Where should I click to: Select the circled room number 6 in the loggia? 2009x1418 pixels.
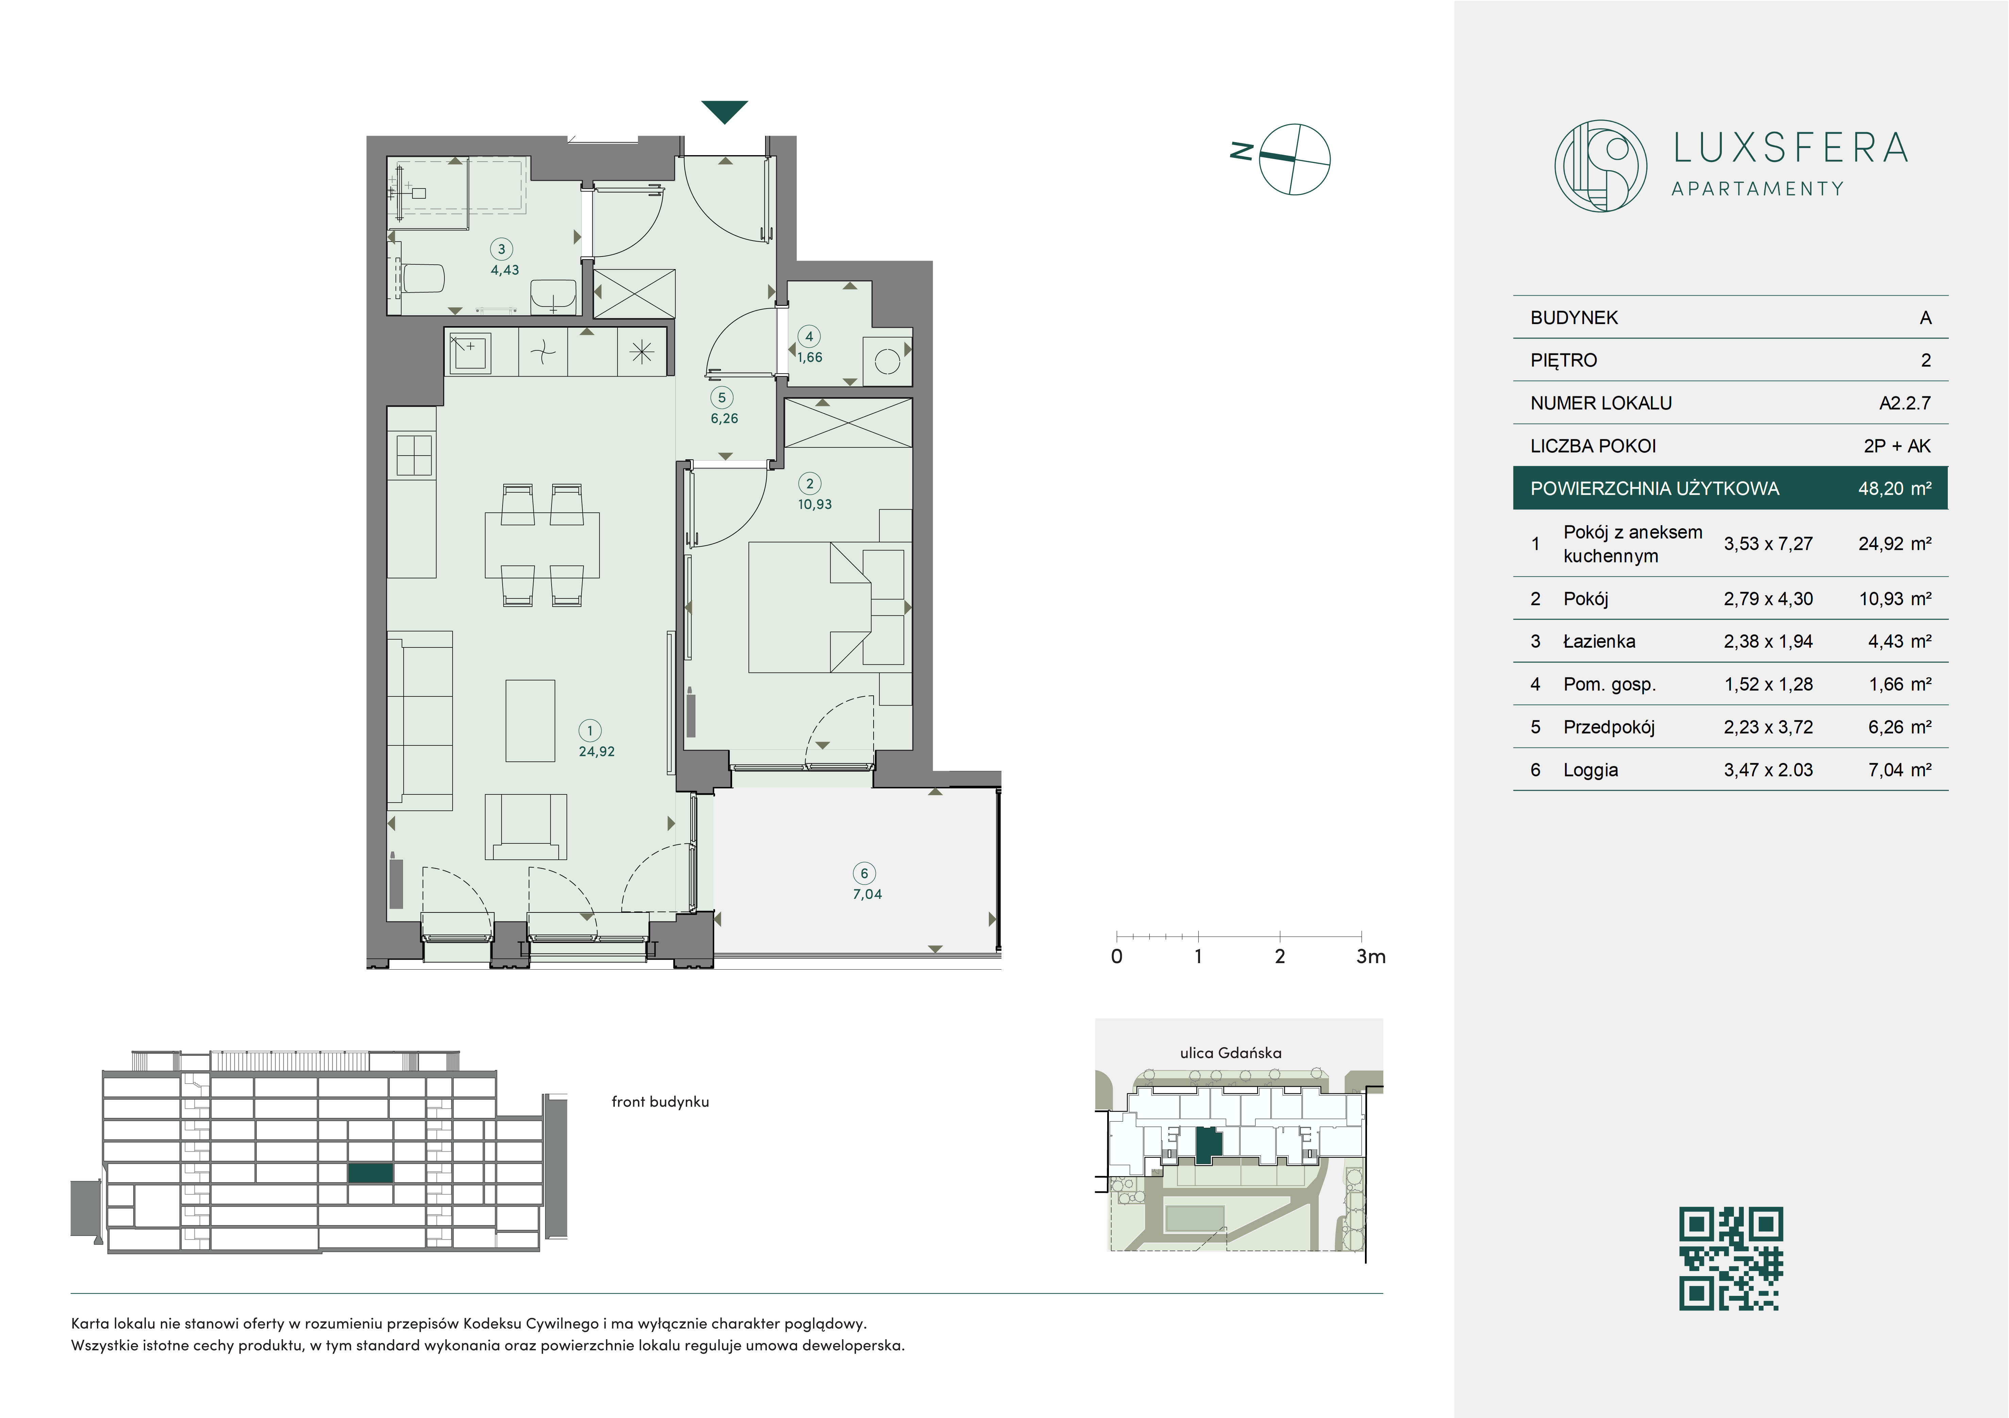tap(864, 873)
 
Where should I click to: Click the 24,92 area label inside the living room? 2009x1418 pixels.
tap(597, 751)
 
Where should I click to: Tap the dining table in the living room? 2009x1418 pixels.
tap(542, 544)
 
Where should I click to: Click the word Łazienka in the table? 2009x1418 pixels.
tap(1599, 642)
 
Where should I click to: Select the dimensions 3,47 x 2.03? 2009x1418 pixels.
tap(1768, 770)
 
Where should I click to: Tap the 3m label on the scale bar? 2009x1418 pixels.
tap(1370, 957)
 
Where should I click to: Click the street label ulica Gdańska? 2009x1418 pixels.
tap(1230, 1053)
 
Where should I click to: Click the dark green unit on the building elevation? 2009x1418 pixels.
tap(370, 1173)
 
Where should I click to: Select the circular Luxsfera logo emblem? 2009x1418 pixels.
tap(1600, 165)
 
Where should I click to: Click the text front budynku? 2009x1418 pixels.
tap(660, 1102)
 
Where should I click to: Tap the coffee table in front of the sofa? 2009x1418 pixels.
tap(530, 720)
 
